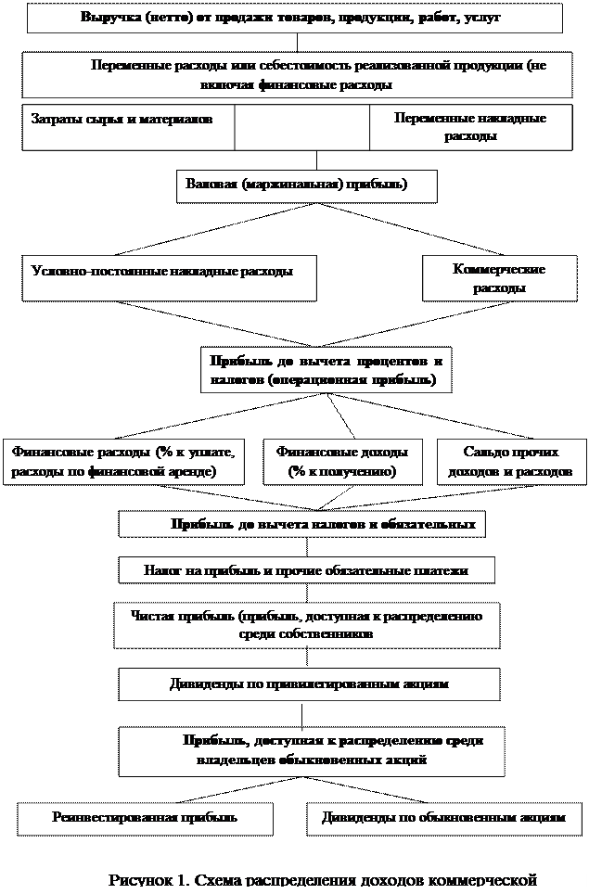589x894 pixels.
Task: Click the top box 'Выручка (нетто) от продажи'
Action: [294, 18]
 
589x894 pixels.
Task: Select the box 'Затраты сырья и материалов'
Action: [128, 127]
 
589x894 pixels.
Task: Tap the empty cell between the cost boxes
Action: [301, 127]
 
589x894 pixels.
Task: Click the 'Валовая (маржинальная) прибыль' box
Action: [306, 185]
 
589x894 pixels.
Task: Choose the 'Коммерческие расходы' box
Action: [498, 278]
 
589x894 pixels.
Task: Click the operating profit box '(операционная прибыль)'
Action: [326, 370]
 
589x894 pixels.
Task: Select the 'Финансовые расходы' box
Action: [124, 462]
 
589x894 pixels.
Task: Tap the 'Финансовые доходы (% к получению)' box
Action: [341, 462]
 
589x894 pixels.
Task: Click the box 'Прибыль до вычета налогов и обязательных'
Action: [301, 525]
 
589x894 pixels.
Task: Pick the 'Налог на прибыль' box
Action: [306, 570]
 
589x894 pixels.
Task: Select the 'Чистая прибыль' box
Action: [306, 625]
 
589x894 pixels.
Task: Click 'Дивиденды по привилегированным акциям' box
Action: [309, 684]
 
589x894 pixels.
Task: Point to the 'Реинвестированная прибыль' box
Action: [146, 818]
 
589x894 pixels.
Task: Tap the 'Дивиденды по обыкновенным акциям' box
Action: [443, 818]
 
